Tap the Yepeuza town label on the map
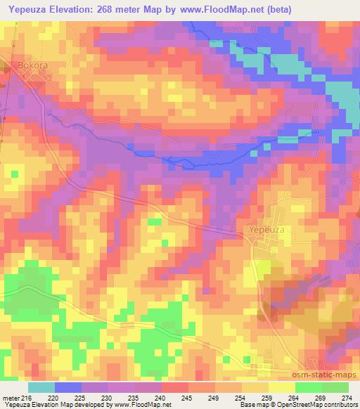[x=267, y=230]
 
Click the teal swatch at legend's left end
[x=41, y=387]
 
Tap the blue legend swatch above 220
[x=68, y=387]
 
